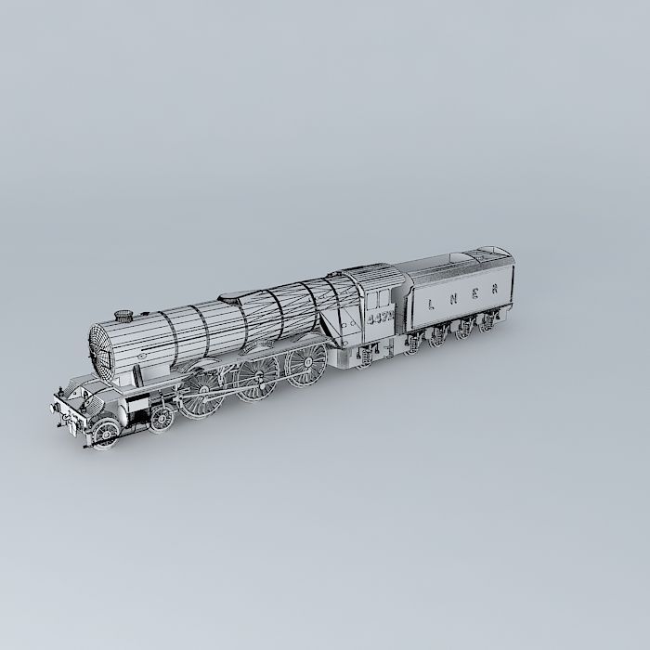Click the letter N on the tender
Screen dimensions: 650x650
452,300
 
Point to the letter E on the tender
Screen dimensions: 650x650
474,294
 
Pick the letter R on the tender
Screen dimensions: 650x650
496,289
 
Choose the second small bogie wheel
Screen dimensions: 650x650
162,419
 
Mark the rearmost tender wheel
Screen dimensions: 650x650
486,324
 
